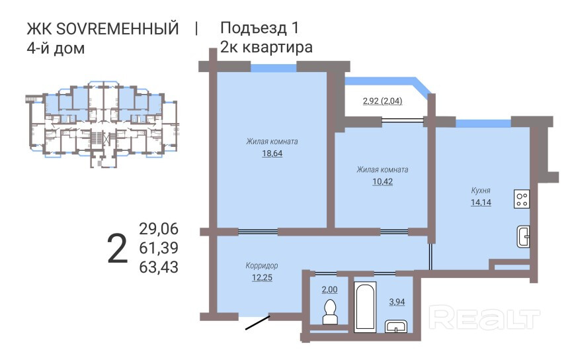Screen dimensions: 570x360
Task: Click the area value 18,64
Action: [272, 154]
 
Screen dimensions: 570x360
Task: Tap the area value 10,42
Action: [382, 181]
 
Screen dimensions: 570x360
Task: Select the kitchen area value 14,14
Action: [481, 202]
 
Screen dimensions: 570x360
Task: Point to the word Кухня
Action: [481, 190]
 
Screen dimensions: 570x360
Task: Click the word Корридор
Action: [262, 265]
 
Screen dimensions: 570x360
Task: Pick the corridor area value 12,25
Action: [262, 277]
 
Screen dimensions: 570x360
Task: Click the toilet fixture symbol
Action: [331, 312]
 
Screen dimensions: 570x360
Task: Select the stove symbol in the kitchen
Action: [522, 199]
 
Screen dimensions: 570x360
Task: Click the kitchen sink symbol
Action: [523, 237]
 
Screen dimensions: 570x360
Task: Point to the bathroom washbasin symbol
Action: [397, 326]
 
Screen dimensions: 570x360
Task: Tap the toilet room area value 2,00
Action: [329, 289]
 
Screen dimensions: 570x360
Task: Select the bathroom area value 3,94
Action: [397, 302]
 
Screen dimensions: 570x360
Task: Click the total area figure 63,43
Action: [159, 267]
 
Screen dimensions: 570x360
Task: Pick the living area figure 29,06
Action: [159, 229]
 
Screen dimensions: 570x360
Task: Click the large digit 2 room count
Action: [118, 249]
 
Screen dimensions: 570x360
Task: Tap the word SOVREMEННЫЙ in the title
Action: [118, 28]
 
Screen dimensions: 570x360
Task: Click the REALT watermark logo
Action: [484, 318]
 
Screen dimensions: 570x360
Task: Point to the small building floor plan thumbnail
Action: [102, 124]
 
